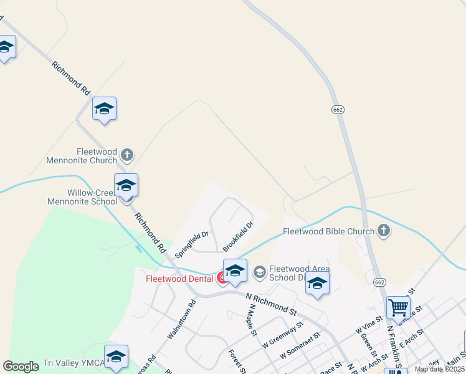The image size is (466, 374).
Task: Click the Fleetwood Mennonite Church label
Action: coord(82,155)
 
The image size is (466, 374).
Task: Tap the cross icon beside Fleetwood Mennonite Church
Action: coord(127,154)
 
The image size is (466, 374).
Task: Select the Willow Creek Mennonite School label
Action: coord(83,197)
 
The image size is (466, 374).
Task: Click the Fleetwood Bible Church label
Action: coord(329,231)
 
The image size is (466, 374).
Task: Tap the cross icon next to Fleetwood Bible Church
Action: coord(384,231)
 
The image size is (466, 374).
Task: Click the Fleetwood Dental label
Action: coord(180,279)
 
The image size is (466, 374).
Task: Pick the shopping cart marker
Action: coord(398,307)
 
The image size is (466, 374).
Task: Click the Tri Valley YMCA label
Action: coord(73,363)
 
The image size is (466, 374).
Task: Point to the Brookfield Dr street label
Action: coord(239,237)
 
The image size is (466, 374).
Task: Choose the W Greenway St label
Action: coord(282,334)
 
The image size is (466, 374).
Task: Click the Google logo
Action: coord(21,367)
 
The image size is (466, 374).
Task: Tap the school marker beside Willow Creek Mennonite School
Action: coord(126,186)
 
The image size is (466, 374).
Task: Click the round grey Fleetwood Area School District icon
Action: coord(259,272)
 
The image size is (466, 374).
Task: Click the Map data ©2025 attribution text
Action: coord(440,369)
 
